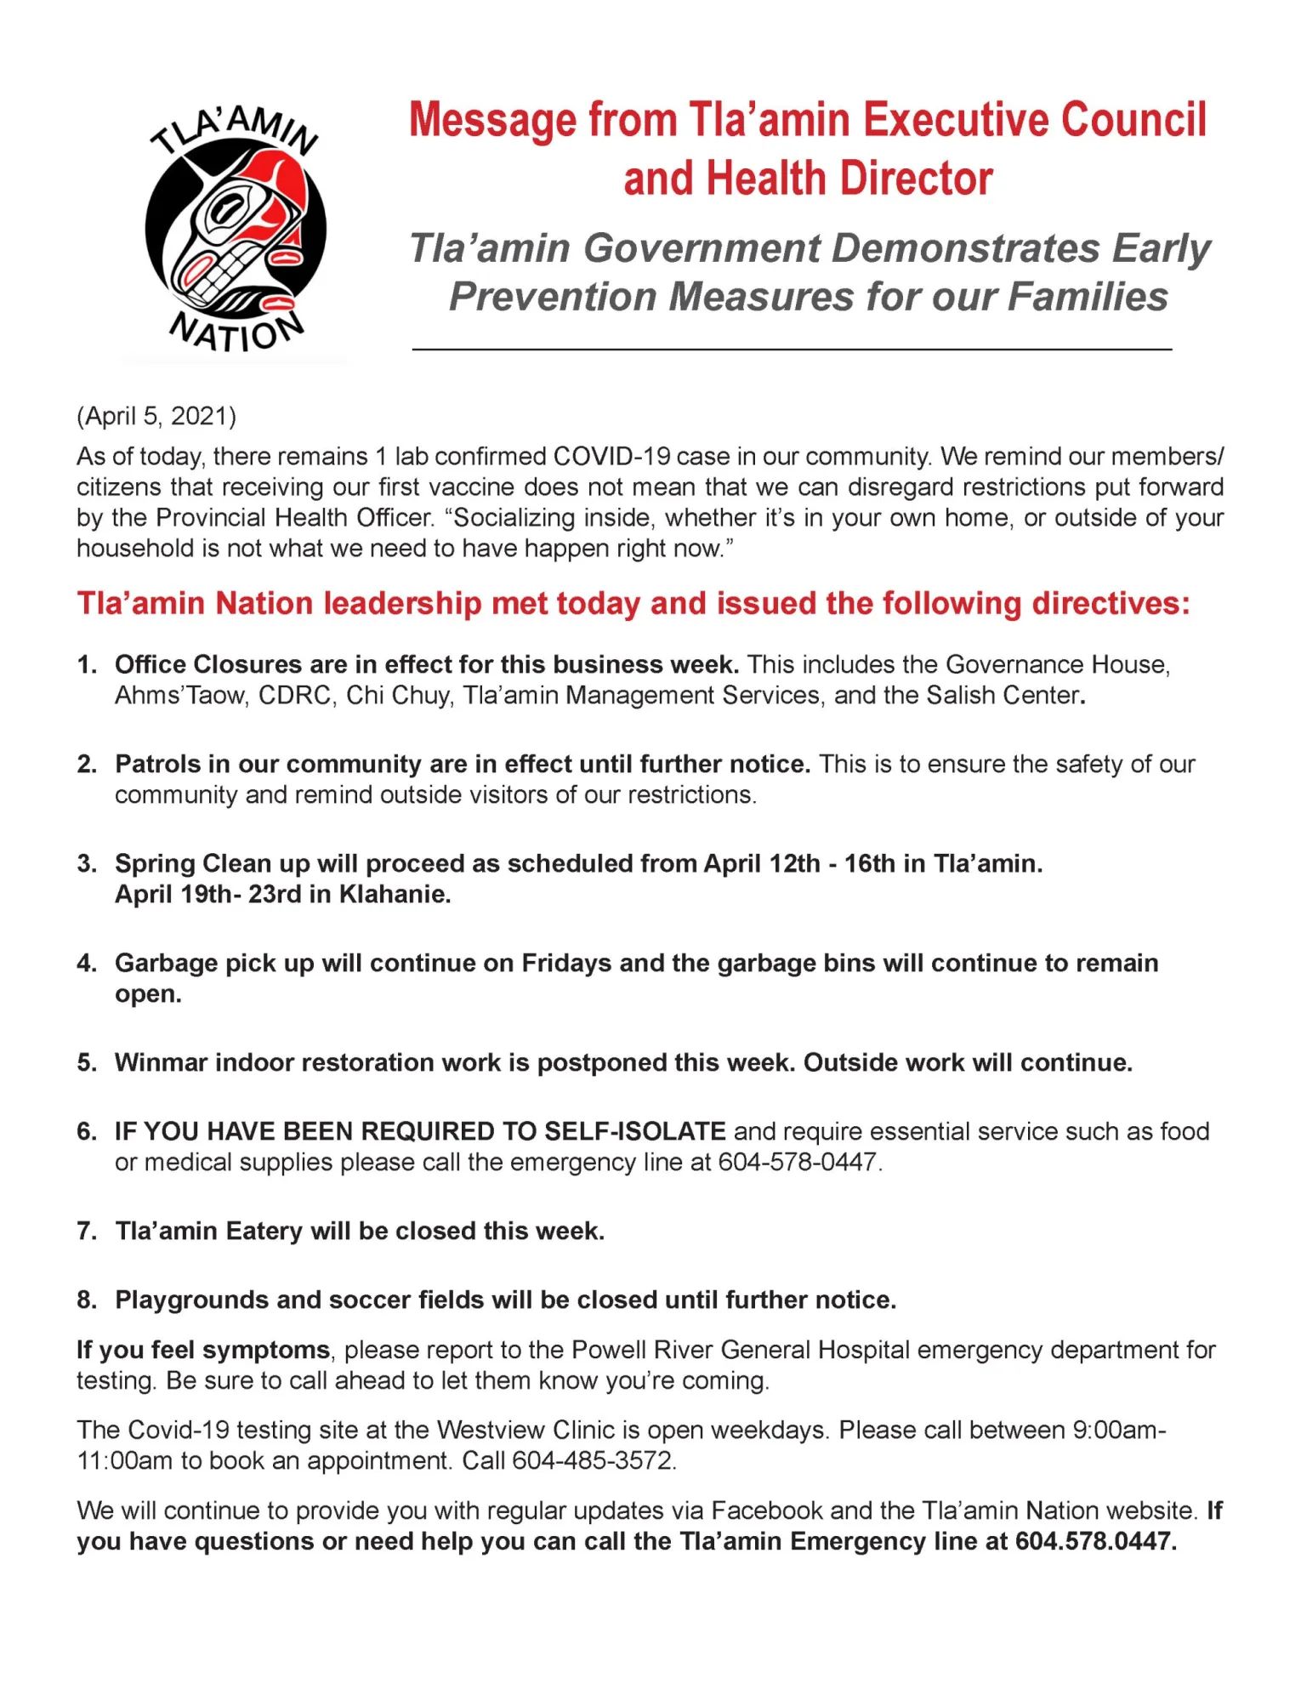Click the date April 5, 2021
click(157, 416)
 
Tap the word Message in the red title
click(494, 120)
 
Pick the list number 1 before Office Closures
click(86, 664)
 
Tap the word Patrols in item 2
click(158, 764)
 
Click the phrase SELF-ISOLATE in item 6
click(634, 1131)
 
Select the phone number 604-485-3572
click(593, 1460)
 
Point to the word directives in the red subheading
click(1109, 603)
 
